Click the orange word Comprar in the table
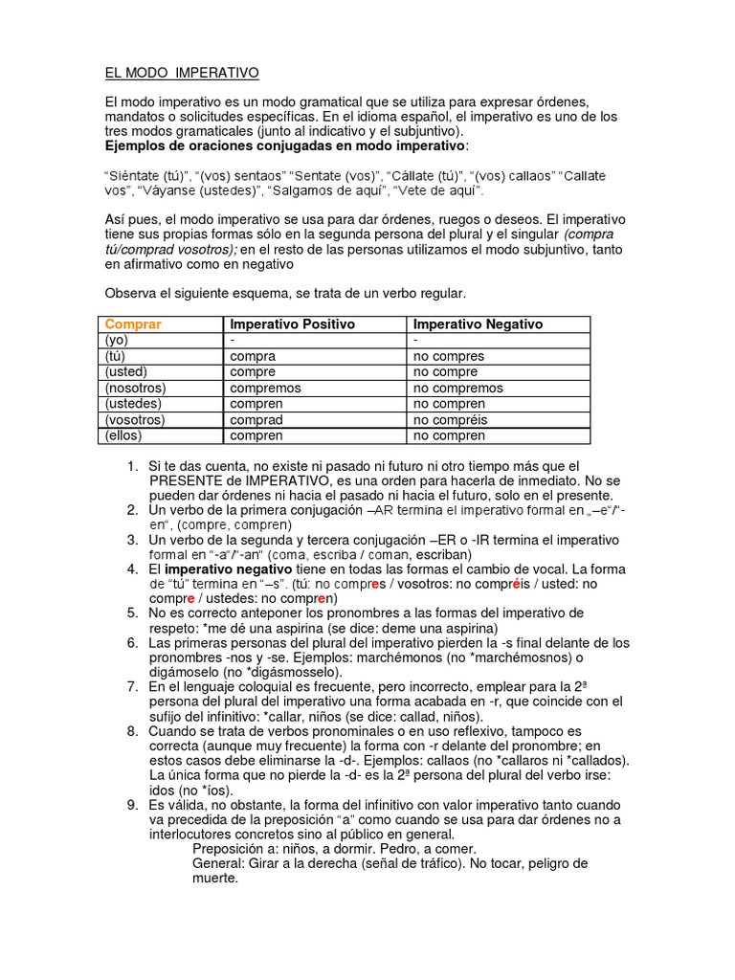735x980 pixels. click(x=133, y=324)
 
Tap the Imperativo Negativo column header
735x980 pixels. click(x=478, y=324)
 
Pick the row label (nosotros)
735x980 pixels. click(x=136, y=388)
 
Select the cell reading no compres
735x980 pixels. click(x=448, y=356)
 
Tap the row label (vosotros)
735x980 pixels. click(x=135, y=419)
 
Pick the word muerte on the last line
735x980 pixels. click(x=214, y=878)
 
